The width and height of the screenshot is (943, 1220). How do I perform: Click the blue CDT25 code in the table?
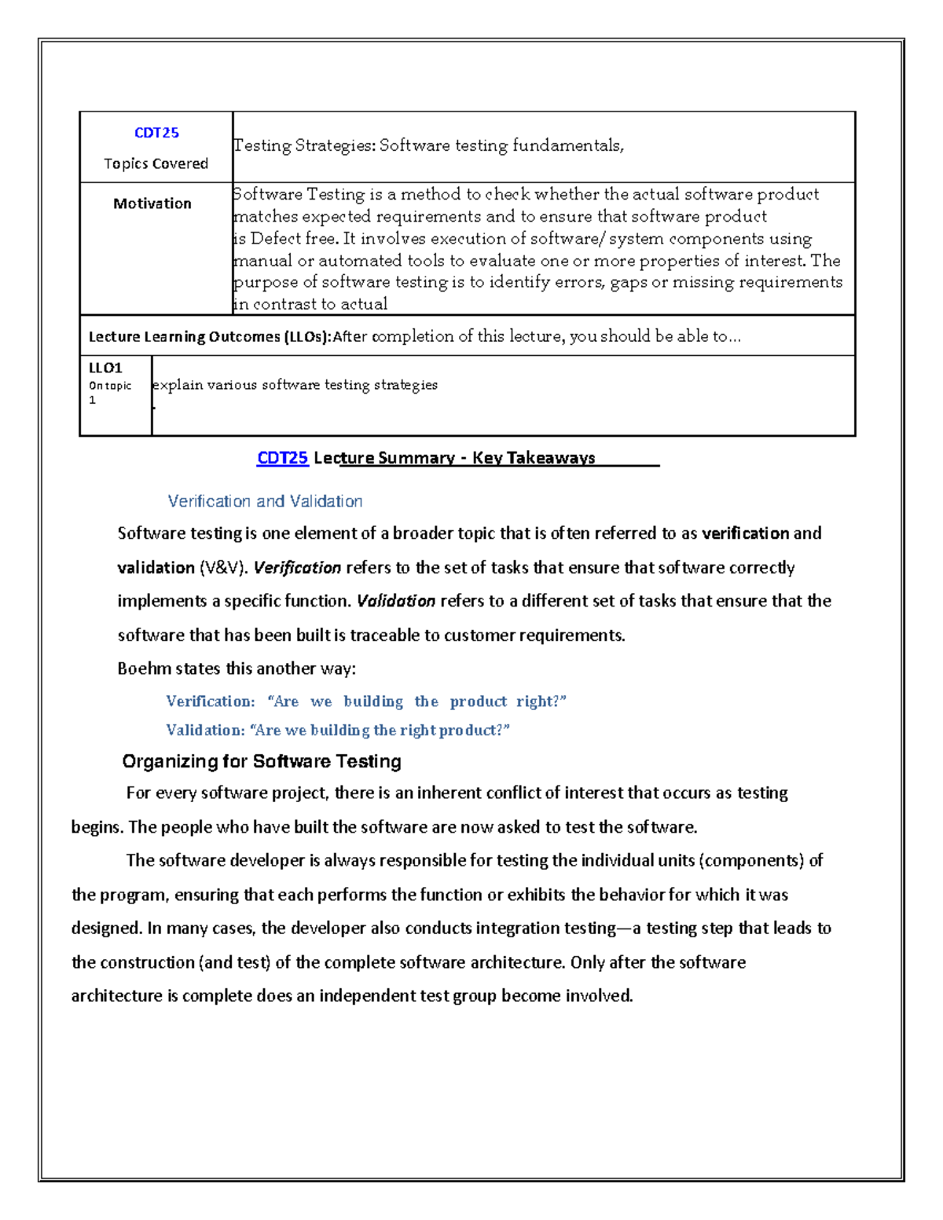tap(156, 133)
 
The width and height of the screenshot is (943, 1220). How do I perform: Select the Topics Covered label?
tap(156, 163)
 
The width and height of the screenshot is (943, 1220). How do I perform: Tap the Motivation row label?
tap(152, 203)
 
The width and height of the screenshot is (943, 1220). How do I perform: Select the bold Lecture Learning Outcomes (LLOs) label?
tap(209, 337)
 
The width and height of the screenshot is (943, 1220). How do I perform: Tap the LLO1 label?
tap(105, 368)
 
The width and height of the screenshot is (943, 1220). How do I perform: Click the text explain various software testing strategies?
tap(295, 385)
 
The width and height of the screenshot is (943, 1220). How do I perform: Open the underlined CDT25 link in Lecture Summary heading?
tap(282, 458)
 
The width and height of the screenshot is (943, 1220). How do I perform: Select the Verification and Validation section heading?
tap(265, 501)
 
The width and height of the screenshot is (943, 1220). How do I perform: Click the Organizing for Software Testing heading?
tap(262, 761)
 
